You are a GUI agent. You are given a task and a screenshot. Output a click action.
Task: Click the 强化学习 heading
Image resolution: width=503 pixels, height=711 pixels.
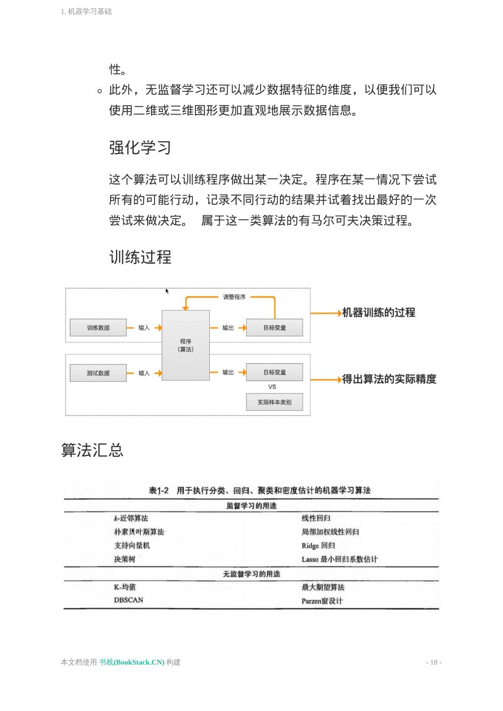140,147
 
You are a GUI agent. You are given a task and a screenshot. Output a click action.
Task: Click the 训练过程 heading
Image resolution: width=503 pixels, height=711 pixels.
140,257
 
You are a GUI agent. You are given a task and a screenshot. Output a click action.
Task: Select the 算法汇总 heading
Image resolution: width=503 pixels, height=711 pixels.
92,450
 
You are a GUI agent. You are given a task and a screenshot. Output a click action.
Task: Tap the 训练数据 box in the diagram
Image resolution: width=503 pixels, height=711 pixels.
98,328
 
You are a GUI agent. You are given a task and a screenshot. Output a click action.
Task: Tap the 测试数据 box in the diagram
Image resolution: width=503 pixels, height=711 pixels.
98,373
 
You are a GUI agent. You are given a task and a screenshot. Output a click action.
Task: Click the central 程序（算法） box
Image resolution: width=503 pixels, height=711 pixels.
186,345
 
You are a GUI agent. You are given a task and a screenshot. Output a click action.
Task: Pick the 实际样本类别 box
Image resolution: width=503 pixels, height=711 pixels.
274,402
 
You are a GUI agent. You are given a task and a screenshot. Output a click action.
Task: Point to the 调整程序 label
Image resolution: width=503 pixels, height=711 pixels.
234,297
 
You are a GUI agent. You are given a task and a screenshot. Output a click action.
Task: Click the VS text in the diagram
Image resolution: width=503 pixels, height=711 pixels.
272,387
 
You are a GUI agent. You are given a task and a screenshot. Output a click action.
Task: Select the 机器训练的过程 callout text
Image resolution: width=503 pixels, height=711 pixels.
379,313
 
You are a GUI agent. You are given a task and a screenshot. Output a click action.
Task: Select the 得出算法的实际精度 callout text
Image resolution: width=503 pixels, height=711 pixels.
389,379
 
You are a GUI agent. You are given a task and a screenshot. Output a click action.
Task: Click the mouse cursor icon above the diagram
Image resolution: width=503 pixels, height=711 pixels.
167,291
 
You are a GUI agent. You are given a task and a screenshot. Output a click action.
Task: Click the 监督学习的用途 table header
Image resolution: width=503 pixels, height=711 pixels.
251,506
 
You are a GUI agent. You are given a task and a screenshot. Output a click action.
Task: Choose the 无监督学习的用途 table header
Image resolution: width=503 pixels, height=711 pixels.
251,574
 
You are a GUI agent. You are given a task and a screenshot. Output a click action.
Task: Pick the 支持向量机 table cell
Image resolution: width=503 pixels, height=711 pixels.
132,546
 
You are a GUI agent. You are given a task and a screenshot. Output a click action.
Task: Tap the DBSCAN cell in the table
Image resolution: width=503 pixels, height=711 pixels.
128,600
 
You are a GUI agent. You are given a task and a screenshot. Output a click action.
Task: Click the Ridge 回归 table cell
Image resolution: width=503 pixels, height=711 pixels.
318,546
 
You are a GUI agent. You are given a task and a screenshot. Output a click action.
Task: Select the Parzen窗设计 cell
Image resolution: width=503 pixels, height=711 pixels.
322,601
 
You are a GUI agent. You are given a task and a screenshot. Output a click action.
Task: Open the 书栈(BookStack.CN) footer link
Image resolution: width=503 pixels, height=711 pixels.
131,662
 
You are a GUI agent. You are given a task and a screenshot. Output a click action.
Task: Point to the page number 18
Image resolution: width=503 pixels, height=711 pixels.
433,662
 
